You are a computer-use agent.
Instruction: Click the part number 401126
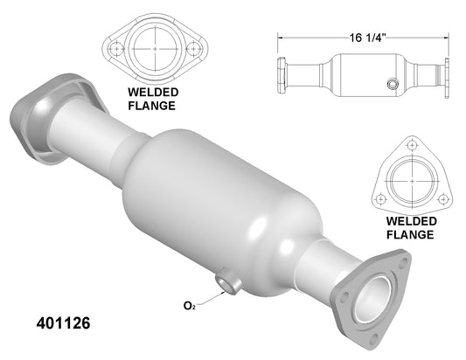click(x=63, y=323)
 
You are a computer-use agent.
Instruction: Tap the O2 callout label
click(x=190, y=305)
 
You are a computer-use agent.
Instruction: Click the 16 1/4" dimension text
click(x=367, y=38)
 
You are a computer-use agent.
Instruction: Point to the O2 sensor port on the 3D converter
click(x=227, y=281)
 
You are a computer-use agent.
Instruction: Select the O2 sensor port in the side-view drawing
click(x=393, y=84)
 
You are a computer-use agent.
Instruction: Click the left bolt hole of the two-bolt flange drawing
click(x=116, y=49)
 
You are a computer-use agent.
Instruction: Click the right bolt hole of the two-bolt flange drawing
click(x=194, y=49)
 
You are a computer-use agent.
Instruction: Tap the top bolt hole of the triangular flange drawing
click(x=412, y=146)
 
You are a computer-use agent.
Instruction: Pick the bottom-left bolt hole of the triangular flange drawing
click(x=380, y=198)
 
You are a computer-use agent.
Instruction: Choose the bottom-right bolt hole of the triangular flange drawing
click(x=443, y=198)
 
